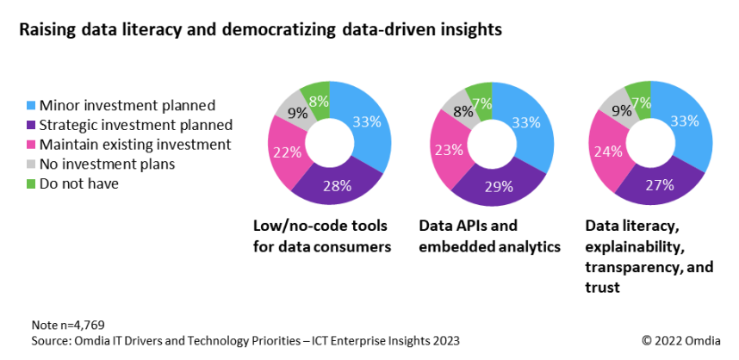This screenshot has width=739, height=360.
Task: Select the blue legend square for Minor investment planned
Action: [30, 106]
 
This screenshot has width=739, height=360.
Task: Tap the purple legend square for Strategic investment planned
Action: [30, 126]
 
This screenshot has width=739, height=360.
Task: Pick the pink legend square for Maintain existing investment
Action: [30, 145]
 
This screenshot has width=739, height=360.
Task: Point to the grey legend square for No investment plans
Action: [30, 164]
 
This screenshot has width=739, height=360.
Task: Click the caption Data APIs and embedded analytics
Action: [489, 237]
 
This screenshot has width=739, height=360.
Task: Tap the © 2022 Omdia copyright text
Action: [680, 340]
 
